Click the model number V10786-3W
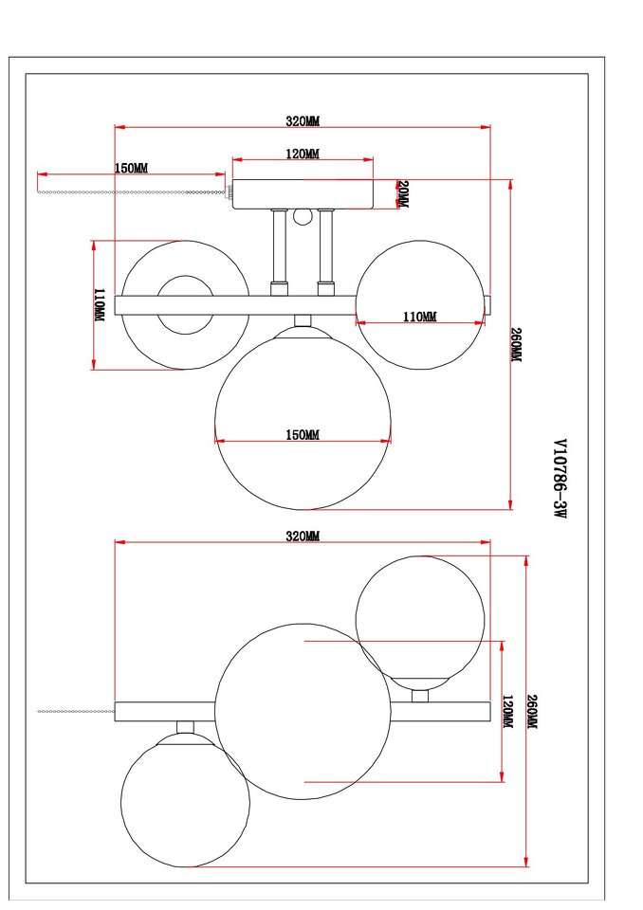point(560,479)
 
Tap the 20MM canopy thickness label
point(403,194)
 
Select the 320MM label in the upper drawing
point(303,120)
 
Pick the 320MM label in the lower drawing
point(303,536)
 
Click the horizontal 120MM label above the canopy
point(303,154)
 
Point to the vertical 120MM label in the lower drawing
point(507,712)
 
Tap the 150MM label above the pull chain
point(131,168)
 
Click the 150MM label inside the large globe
point(303,434)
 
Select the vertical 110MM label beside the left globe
point(100,305)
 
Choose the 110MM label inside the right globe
point(420,317)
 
